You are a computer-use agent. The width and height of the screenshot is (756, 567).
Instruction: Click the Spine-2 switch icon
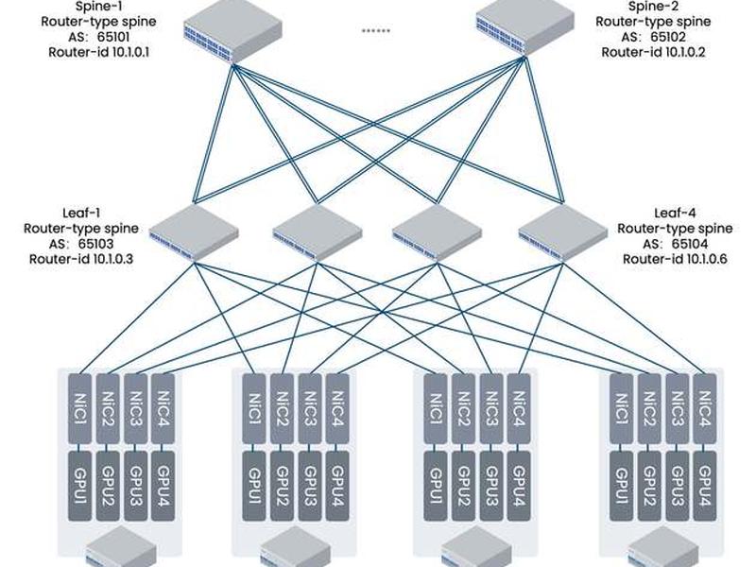pyautogui.click(x=525, y=30)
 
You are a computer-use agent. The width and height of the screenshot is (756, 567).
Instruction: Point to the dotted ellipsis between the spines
pyautogui.click(x=376, y=31)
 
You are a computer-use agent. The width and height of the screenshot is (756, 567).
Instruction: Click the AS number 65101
pyautogui.click(x=113, y=37)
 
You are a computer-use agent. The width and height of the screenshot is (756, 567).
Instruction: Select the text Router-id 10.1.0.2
pyautogui.click(x=653, y=52)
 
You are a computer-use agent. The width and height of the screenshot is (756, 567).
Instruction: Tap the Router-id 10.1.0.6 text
pyautogui.click(x=675, y=259)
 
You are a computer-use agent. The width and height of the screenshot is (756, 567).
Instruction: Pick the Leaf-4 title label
pyautogui.click(x=675, y=213)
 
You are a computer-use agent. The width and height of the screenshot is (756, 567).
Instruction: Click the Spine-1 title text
pyautogui.click(x=99, y=7)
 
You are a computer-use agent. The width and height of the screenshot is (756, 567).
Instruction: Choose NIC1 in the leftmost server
pyautogui.click(x=80, y=409)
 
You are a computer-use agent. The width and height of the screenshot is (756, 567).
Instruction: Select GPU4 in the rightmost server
pyautogui.click(x=705, y=486)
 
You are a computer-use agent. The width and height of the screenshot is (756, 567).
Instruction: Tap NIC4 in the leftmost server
pyautogui.click(x=163, y=409)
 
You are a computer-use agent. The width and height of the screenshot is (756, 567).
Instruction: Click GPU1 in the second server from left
pyautogui.click(x=254, y=486)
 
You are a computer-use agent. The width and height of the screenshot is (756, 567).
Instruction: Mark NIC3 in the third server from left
pyautogui.click(x=491, y=409)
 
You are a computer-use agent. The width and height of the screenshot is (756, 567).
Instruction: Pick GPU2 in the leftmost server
pyautogui.click(x=108, y=486)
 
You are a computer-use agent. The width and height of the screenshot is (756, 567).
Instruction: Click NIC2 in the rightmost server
pyautogui.click(x=649, y=409)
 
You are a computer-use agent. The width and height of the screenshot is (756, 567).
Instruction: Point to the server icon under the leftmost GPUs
pyautogui.click(x=122, y=547)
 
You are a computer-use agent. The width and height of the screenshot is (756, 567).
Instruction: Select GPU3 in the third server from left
pyautogui.click(x=491, y=486)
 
